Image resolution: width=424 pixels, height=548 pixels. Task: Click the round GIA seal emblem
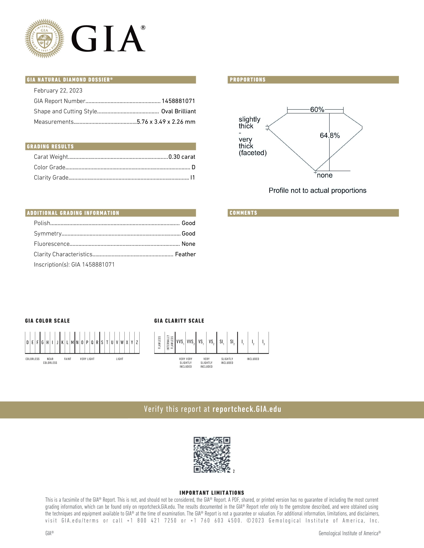tap(44, 38)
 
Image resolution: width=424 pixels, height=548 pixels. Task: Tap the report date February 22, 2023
tap(58, 91)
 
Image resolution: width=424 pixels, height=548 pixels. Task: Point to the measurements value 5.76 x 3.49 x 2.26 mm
tap(166, 122)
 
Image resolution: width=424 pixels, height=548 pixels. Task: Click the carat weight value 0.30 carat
tap(182, 157)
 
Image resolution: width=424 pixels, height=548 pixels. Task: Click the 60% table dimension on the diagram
tap(317, 110)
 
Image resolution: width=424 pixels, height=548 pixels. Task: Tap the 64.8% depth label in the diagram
tap(330, 136)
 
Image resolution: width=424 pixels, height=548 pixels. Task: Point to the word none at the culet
tap(325, 175)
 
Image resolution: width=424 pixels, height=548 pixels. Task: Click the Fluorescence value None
tap(188, 244)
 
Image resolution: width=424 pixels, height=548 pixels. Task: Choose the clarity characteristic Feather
tap(185, 254)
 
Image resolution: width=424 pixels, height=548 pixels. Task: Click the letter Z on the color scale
tap(137, 342)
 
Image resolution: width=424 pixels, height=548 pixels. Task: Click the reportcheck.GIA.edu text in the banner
tap(247, 409)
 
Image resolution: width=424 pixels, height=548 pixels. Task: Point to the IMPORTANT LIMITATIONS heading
tap(212, 493)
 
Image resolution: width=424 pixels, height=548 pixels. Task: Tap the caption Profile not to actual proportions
tap(317, 190)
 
